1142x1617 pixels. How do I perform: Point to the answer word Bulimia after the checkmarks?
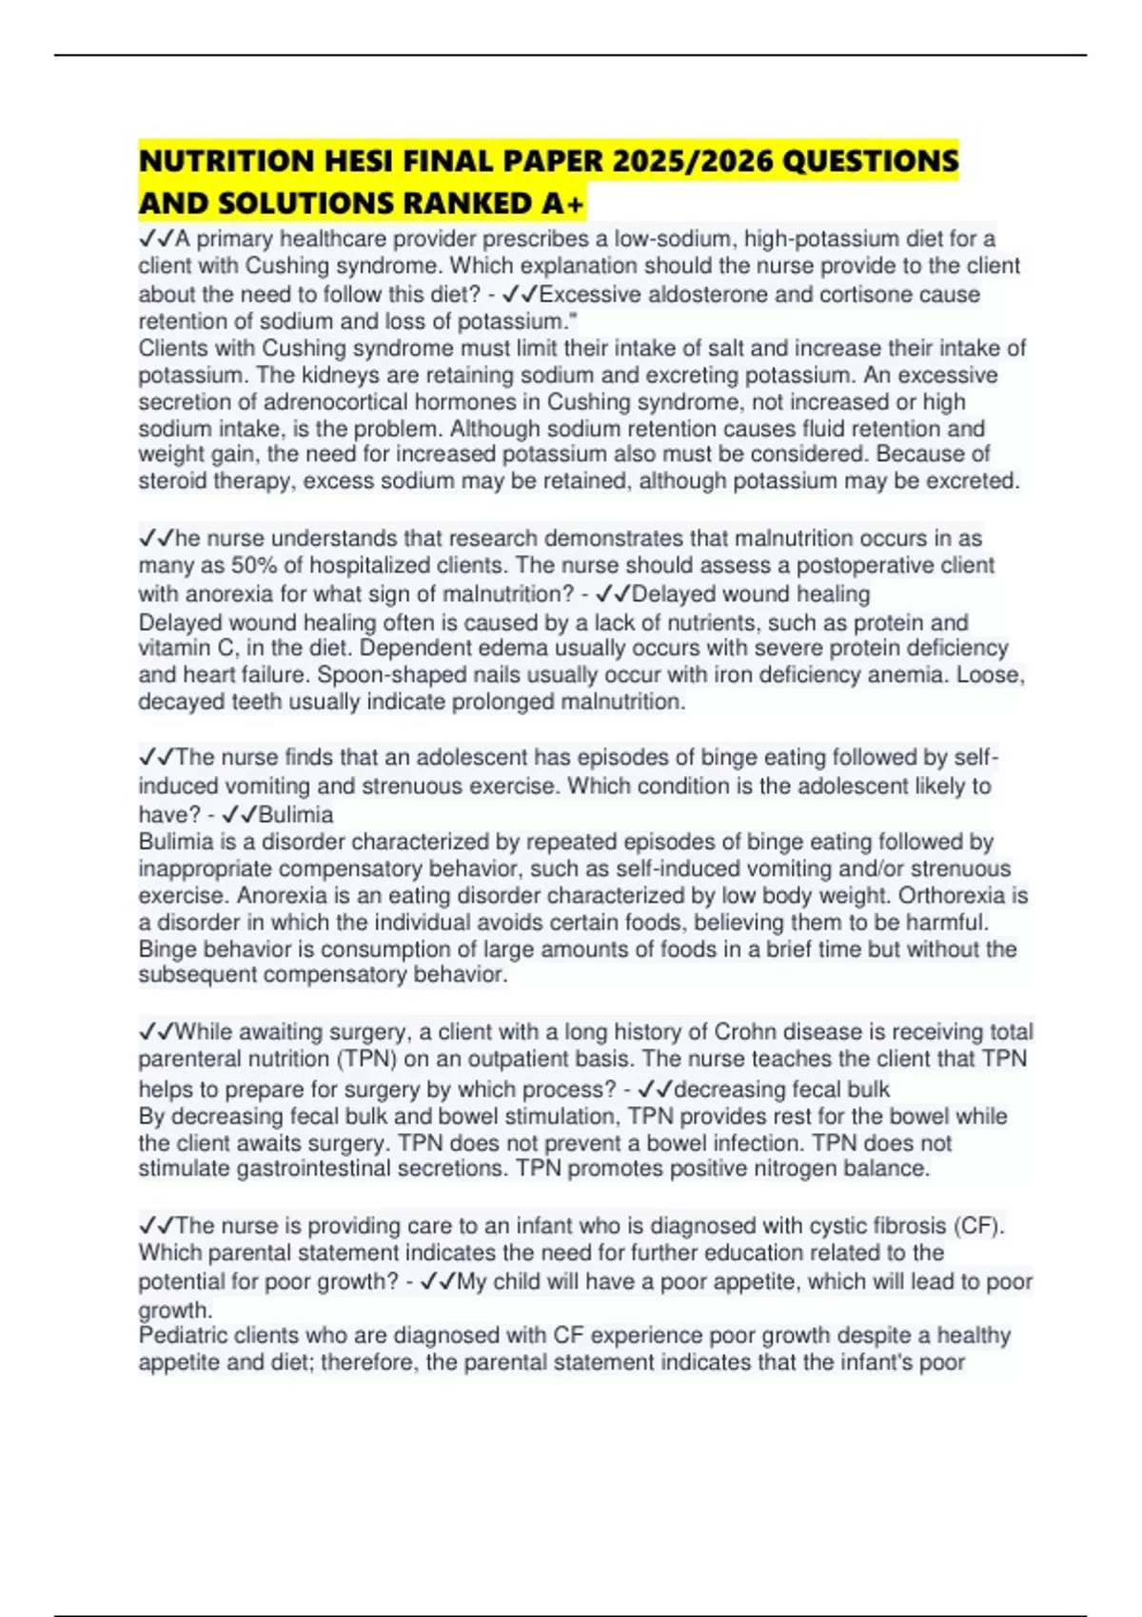pyautogui.click(x=296, y=814)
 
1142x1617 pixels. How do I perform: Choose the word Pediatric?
pyautogui.click(x=184, y=1335)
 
